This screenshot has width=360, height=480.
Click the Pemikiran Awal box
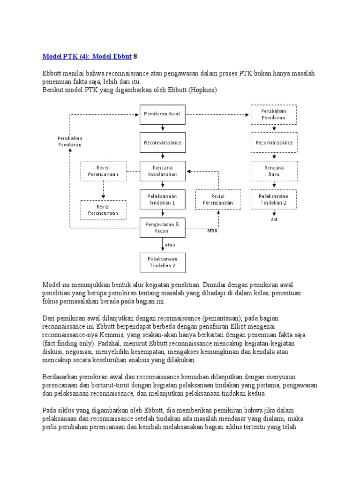pos(163,114)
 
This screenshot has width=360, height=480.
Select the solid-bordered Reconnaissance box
pos(163,142)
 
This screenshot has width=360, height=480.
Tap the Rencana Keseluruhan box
pos(163,171)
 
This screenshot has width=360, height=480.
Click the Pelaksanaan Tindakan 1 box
pos(163,199)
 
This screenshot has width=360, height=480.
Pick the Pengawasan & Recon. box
pos(163,228)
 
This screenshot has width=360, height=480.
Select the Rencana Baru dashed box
pos(273,171)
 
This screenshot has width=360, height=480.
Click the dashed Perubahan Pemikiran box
pos(273,114)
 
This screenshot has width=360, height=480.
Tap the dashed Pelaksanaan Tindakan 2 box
pos(273,199)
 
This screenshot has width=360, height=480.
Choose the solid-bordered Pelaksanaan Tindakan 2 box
pos(163,262)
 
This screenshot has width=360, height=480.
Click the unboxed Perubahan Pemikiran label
pos(70,142)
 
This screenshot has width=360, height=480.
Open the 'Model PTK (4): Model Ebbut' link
pos(87,56)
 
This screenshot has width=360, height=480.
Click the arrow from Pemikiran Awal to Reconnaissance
pos(163,128)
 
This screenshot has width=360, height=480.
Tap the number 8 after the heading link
pos(135,56)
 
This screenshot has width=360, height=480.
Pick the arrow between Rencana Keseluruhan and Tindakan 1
pos(163,185)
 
